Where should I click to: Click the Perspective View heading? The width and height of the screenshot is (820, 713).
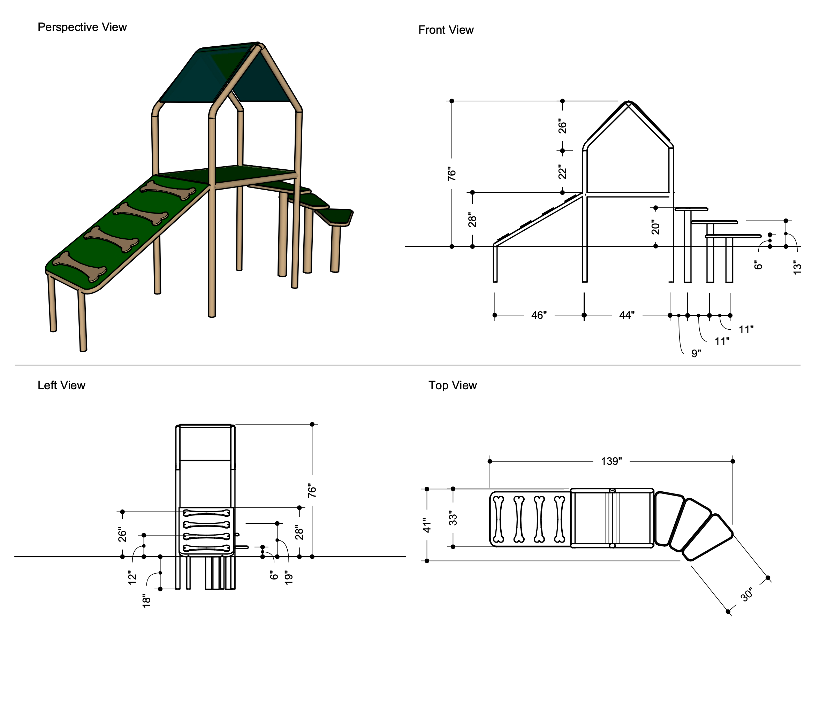pyautogui.click(x=82, y=27)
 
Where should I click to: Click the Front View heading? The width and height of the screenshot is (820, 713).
pyautogui.click(x=446, y=30)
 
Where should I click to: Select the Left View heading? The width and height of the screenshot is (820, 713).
pyautogui.click(x=61, y=385)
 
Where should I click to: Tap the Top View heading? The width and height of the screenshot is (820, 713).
pyautogui.click(x=452, y=385)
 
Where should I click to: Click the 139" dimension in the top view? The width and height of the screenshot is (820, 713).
pyautogui.click(x=611, y=461)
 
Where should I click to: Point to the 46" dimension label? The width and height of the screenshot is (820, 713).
pyautogui.click(x=539, y=315)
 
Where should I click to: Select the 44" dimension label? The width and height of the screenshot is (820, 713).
pyautogui.click(x=627, y=315)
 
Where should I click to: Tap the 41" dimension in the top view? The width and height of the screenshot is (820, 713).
pyautogui.click(x=427, y=525)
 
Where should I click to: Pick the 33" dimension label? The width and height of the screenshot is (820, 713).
pyautogui.click(x=453, y=519)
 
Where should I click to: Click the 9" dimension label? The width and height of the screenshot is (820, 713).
pyautogui.click(x=696, y=353)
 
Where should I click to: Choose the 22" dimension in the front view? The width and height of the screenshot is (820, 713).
pyautogui.click(x=562, y=172)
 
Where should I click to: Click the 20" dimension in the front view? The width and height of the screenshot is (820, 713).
pyautogui.click(x=655, y=227)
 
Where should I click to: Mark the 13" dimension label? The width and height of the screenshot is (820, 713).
pyautogui.click(x=797, y=267)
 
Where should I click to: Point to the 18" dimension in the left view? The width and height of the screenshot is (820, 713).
pyautogui.click(x=146, y=600)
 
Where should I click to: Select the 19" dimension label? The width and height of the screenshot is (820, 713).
pyautogui.click(x=289, y=577)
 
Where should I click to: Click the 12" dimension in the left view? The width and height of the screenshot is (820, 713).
pyautogui.click(x=132, y=577)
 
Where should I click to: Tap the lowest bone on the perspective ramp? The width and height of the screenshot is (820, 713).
pyautogui.click(x=79, y=266)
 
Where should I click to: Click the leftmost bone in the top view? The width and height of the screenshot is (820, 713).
pyautogui.click(x=498, y=519)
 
